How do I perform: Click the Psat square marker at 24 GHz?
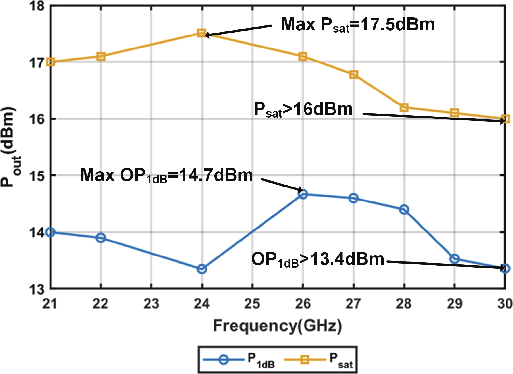[202, 33]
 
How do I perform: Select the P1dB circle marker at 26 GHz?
[303, 194]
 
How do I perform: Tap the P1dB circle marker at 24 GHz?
[202, 269]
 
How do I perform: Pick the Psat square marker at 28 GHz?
[404, 107]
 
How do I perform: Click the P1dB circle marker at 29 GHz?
[454, 259]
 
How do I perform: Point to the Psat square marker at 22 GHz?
[101, 56]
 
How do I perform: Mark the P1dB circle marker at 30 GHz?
[505, 269]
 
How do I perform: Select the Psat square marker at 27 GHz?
[353, 75]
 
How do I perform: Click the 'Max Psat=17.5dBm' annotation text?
[357, 25]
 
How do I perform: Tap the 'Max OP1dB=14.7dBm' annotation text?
[166, 175]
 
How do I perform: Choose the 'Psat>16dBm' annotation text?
[303, 109]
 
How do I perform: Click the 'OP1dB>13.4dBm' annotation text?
[318, 260]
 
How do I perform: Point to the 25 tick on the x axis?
[252, 304]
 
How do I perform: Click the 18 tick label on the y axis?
[36, 6]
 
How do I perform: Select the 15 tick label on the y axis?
[36, 176]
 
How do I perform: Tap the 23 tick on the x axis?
[151, 304]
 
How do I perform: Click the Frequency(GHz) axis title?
[278, 326]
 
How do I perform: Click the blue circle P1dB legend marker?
[223, 360]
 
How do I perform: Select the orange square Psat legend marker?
[305, 360]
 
